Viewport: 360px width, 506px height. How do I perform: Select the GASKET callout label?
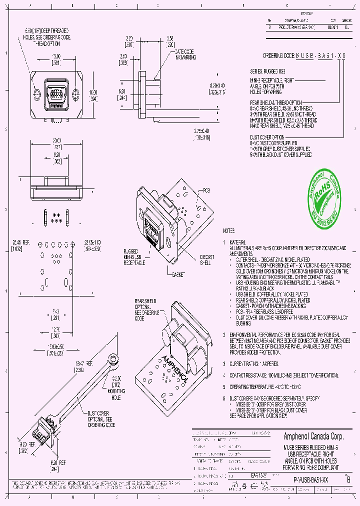[x=178, y=274]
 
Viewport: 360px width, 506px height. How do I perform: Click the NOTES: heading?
[x=229, y=231]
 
